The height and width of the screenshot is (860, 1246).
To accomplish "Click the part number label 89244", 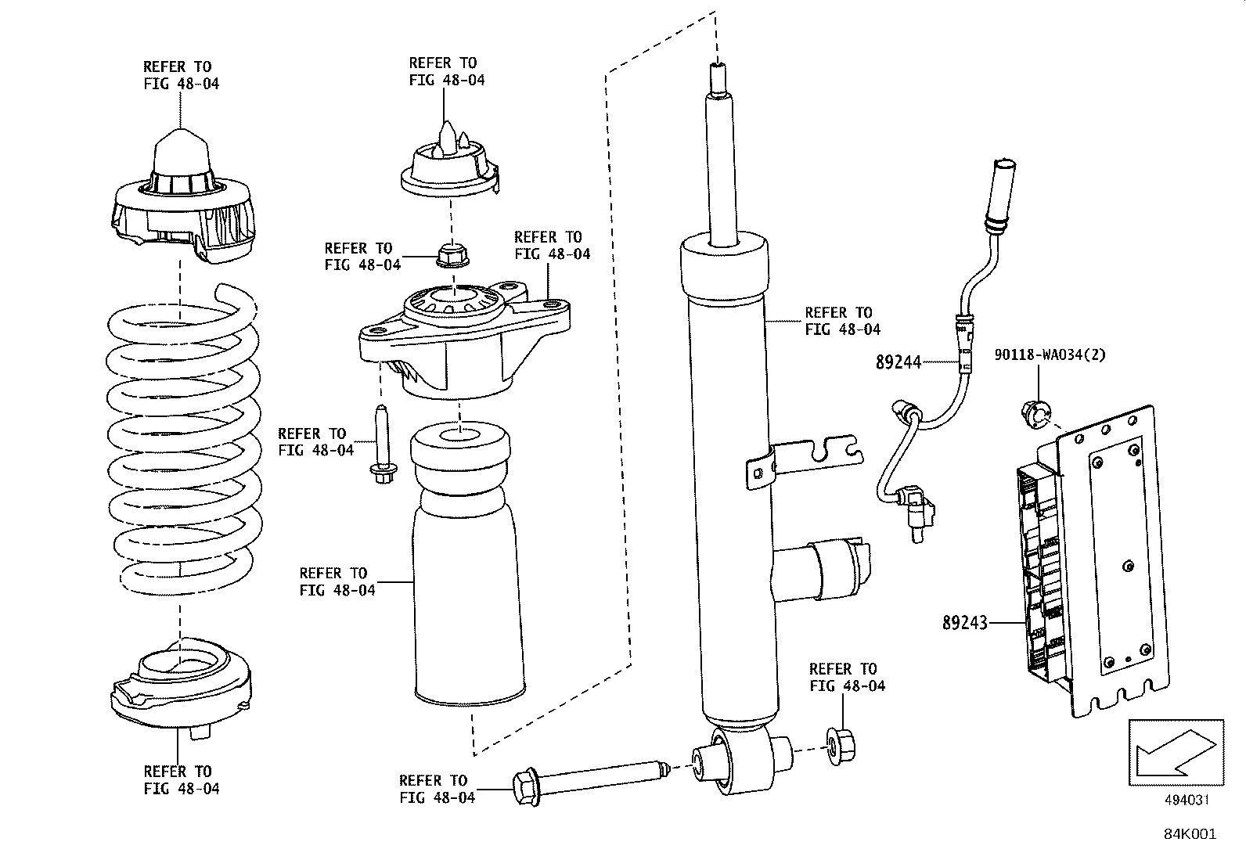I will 898,362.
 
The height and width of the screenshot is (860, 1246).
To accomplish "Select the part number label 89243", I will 964,623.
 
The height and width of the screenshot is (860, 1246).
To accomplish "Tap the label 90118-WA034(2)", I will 1050,354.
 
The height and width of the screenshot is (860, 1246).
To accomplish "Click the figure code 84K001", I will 1189,834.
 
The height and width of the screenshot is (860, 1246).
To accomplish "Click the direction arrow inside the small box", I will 1175,752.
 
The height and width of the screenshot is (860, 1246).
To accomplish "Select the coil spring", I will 182,438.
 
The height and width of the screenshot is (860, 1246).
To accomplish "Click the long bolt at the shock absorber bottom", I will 587,779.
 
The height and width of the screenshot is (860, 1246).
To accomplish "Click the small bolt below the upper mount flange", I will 382,446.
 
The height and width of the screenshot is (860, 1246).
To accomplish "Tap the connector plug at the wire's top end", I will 1003,192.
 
